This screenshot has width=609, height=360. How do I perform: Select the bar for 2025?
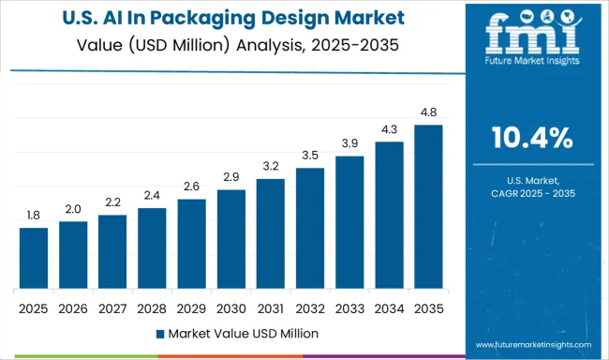click(33, 260)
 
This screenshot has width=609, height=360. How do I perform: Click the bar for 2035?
click(428, 208)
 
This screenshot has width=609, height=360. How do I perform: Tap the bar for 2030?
click(230, 240)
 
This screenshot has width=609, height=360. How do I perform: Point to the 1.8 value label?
click(33, 216)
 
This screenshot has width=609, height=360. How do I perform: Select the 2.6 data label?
click(191, 187)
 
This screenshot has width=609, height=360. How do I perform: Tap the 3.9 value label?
click(349, 143)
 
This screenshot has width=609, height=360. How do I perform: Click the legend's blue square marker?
click(161, 333)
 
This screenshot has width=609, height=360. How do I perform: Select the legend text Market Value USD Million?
click(243, 333)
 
